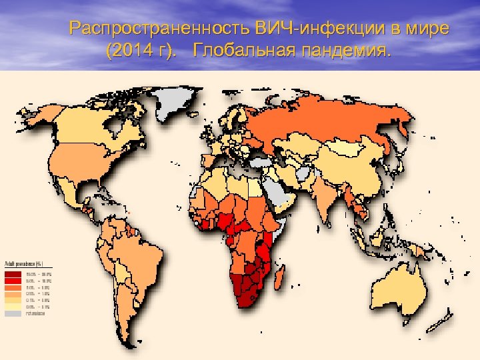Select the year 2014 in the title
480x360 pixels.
[133, 51]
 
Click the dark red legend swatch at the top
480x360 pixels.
[13, 274]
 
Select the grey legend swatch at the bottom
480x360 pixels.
[13, 313]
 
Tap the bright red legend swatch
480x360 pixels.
[13, 281]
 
